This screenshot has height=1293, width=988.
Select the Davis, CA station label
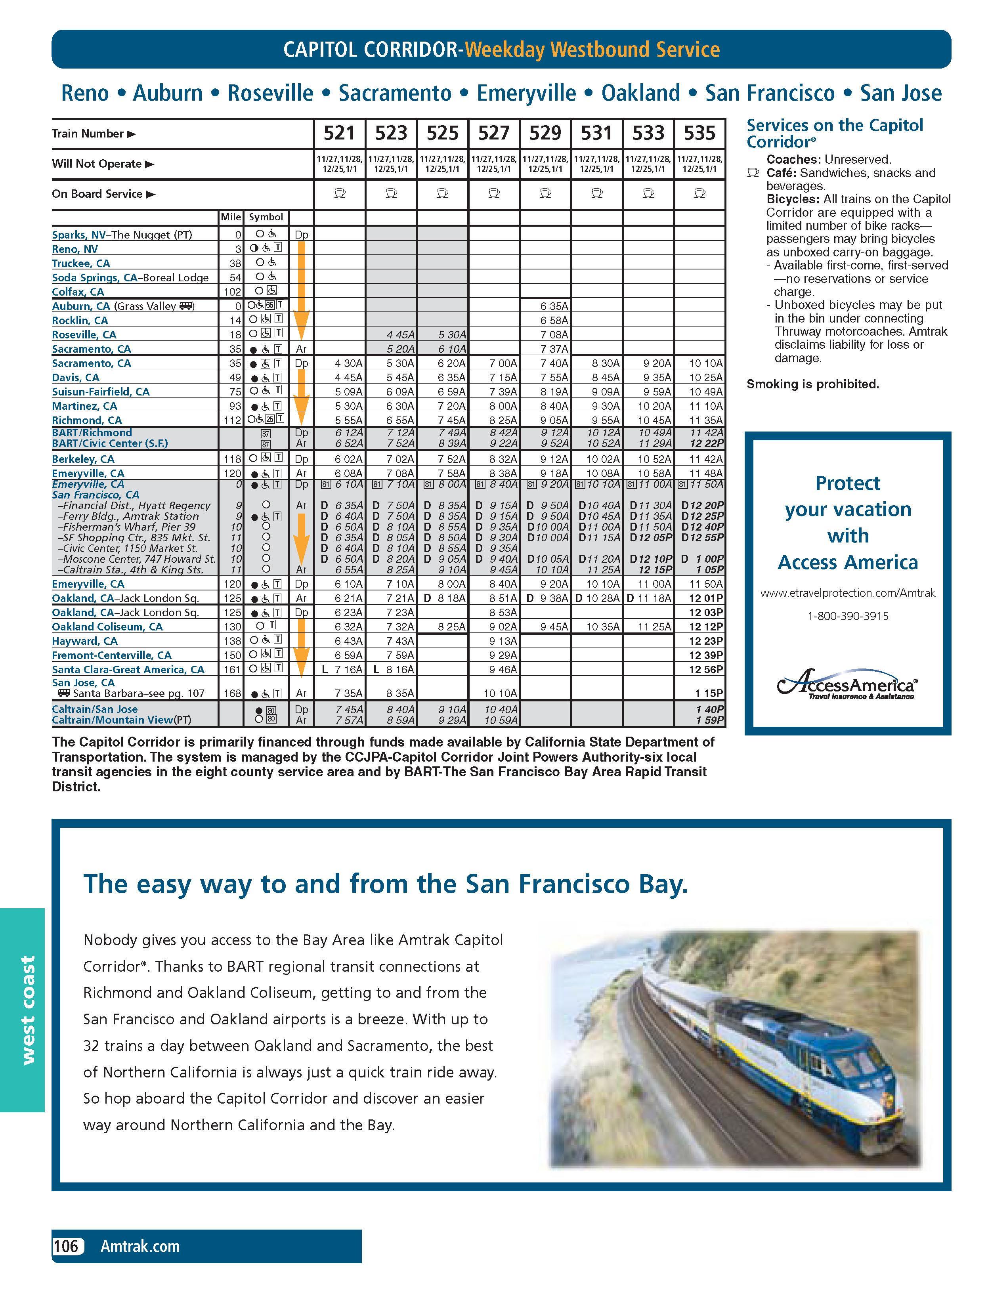[x=76, y=378]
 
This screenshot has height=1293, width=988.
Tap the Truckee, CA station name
[x=81, y=264]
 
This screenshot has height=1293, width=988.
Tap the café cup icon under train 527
[x=494, y=193]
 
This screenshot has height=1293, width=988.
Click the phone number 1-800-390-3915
[x=847, y=616]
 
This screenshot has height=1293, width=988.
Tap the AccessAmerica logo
[x=847, y=684]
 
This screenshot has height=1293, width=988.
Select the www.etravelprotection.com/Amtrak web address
[x=847, y=593]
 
